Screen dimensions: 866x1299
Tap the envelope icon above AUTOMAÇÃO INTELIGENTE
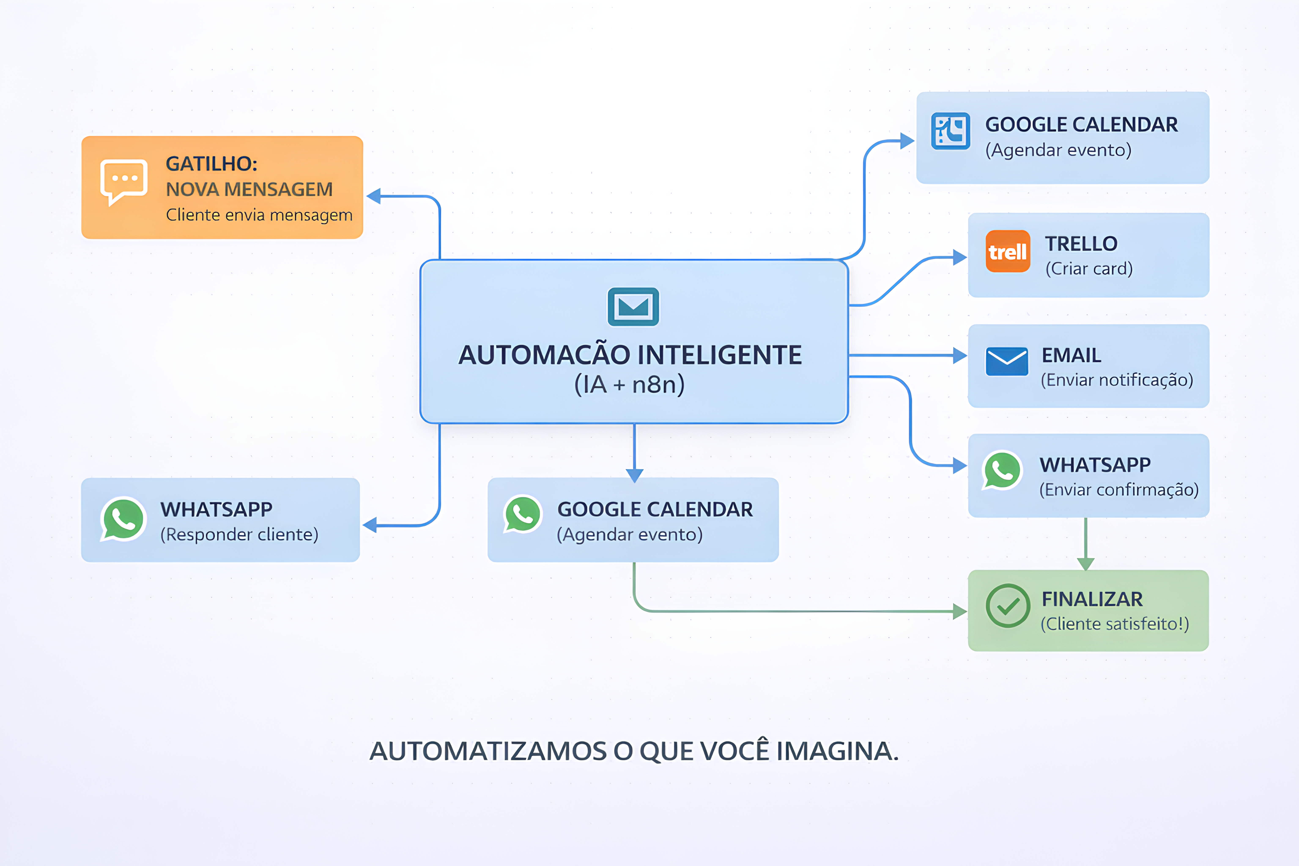(x=633, y=307)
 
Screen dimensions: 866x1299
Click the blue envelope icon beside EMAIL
(x=1006, y=362)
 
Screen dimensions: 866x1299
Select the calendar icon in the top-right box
(x=950, y=132)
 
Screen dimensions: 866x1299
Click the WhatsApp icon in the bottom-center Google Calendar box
(x=522, y=514)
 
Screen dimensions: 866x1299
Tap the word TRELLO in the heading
(x=1081, y=244)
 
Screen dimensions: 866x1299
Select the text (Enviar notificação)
(x=1117, y=380)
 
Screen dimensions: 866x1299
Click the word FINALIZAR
(x=1092, y=599)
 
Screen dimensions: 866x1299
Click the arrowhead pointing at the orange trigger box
(x=374, y=196)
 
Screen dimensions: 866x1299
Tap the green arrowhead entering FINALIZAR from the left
(x=960, y=611)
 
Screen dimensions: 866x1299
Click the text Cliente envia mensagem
(x=259, y=215)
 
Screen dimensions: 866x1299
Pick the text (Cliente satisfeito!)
(x=1115, y=624)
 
